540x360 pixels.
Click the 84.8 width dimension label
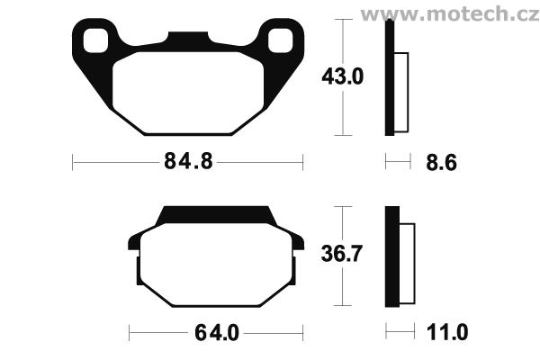pos(188,161)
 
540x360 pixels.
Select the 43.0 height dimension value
pos(342,76)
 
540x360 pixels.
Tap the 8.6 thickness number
pos(441,162)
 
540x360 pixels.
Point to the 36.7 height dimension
pos(341,254)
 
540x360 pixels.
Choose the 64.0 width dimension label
pos(217,333)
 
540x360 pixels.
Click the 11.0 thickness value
pos(447,332)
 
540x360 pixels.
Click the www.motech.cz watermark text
pos(450,14)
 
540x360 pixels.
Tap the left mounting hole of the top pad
pos(95,40)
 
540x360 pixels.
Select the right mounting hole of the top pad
pos(281,40)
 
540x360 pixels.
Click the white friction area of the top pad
pos(188,93)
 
